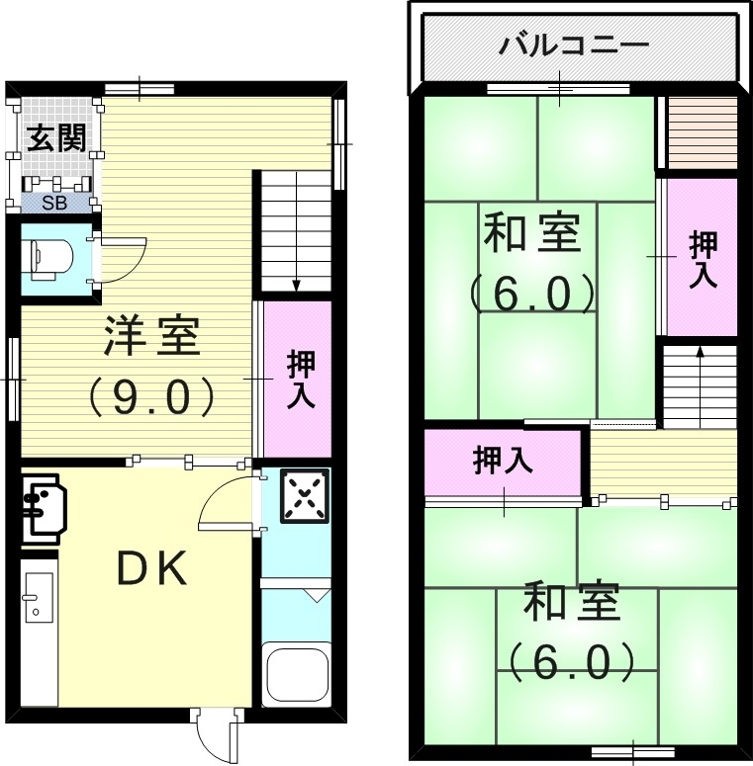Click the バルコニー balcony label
point(574,45)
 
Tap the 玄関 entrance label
point(55,137)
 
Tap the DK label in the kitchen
point(152,570)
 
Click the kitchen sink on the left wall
point(38,603)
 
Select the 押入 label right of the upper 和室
point(702,258)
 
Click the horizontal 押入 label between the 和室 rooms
point(503,461)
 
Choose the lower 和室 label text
point(571,603)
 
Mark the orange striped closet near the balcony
point(702,132)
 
